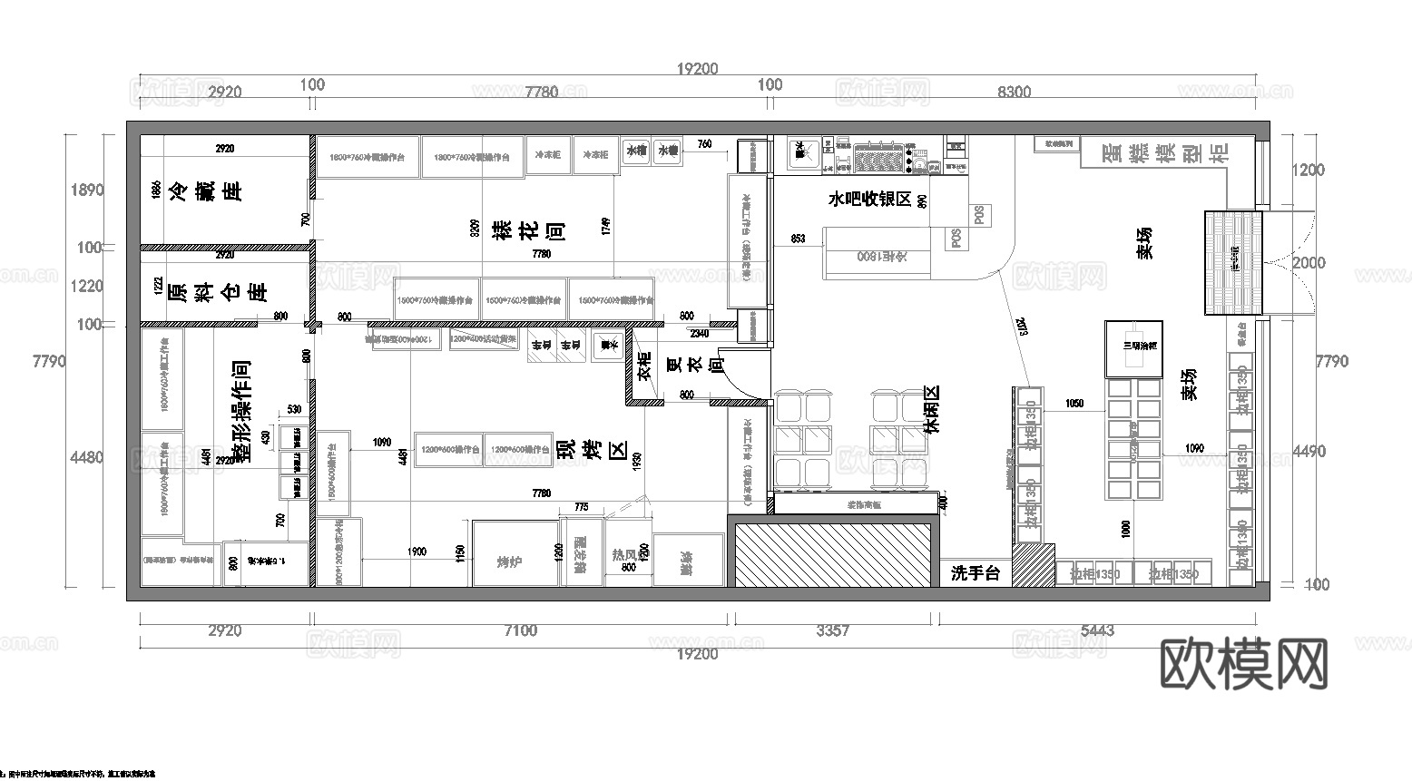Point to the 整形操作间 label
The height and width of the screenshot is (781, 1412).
tap(241, 413)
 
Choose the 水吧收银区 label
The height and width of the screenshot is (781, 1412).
tap(868, 199)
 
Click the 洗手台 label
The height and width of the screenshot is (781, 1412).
tap(975, 573)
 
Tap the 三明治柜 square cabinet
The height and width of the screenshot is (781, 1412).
tap(1133, 348)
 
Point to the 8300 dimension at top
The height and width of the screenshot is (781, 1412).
tap(1013, 92)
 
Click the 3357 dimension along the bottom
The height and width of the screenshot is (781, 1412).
tap(832, 630)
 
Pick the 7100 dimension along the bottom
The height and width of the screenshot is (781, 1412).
tap(520, 630)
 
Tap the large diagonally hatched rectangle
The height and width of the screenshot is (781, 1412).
tap(833, 553)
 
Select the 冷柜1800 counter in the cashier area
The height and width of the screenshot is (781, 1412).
tap(878, 254)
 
